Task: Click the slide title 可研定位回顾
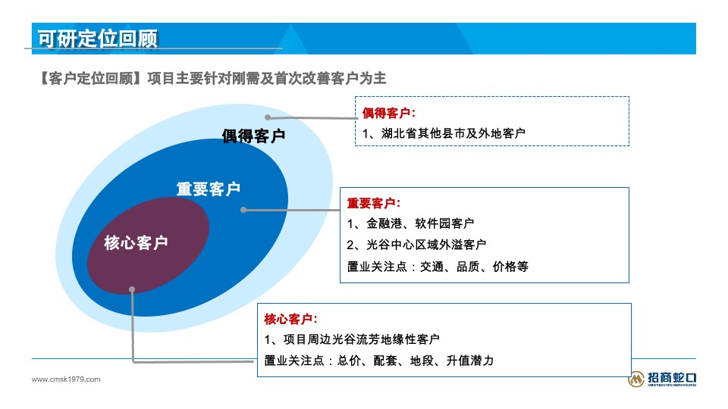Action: point(97,38)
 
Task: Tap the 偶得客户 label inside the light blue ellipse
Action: point(253,136)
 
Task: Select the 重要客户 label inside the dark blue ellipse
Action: point(209,189)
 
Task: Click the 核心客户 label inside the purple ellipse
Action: point(136,243)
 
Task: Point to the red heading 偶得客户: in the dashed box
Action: point(388,114)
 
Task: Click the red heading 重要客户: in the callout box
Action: point(373,204)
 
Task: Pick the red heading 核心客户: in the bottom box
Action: point(290,318)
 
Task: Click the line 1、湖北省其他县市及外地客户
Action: point(444,133)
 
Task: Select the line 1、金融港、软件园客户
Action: point(410,223)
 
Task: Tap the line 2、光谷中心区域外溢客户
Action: point(416,245)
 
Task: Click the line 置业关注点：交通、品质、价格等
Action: point(438,266)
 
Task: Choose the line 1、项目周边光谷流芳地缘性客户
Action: point(352,339)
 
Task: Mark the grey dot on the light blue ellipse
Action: point(268,117)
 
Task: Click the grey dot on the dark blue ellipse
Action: point(243,210)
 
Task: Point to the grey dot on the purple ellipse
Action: point(132,289)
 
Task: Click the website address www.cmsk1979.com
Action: point(65,379)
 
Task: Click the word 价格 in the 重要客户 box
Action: point(504,266)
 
